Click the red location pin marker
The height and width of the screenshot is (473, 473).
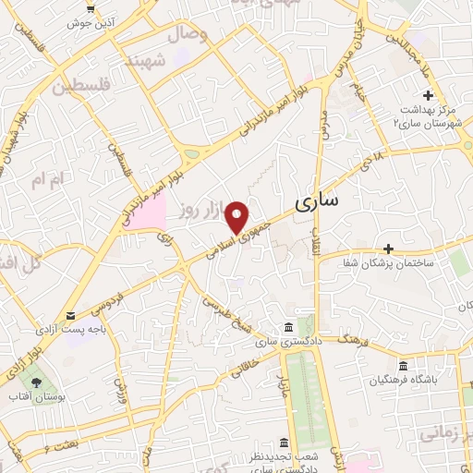pyautogui.click(x=238, y=217)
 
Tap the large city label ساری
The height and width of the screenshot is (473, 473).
pyautogui.click(x=316, y=200)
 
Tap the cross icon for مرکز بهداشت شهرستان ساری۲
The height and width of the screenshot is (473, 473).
pyautogui.click(x=429, y=96)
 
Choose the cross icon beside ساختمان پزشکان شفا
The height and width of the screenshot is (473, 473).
pyautogui.click(x=389, y=248)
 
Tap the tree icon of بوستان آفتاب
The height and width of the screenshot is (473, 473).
pyautogui.click(x=36, y=380)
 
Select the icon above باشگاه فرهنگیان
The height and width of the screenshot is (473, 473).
pyautogui.click(x=402, y=365)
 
